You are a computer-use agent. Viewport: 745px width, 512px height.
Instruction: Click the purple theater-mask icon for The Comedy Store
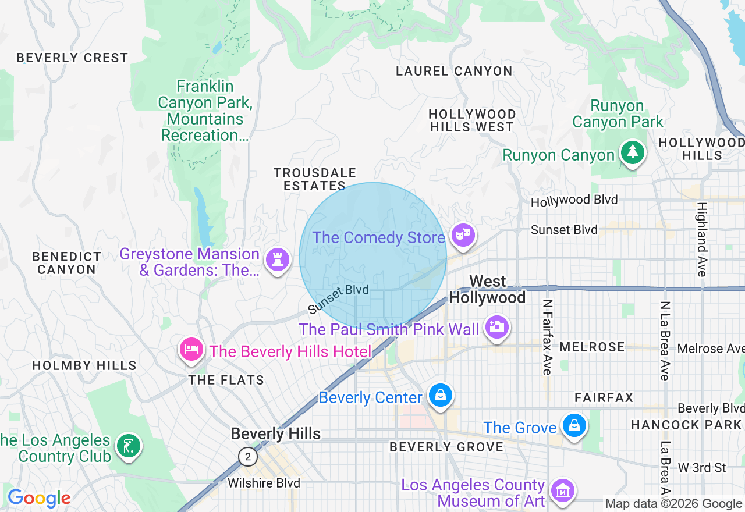(x=463, y=235)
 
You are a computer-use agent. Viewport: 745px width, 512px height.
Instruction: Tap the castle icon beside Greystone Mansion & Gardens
(x=278, y=259)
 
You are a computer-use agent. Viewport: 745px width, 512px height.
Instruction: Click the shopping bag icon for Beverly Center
(x=441, y=396)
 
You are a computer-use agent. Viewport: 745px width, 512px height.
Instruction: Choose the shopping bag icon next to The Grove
(x=574, y=425)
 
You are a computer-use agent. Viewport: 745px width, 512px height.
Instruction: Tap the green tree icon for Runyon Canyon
(x=632, y=152)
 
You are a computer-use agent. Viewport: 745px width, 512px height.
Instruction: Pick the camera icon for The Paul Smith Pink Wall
(x=496, y=327)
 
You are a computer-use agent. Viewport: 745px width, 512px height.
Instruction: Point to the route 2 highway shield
(x=248, y=457)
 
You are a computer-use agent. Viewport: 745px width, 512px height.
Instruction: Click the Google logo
(x=39, y=498)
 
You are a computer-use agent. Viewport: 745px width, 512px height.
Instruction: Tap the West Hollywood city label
(x=488, y=290)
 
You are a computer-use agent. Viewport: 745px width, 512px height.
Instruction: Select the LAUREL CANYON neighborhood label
(x=454, y=72)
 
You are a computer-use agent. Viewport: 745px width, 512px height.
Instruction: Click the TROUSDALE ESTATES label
(x=315, y=179)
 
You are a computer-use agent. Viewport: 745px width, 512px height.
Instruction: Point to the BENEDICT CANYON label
(x=67, y=263)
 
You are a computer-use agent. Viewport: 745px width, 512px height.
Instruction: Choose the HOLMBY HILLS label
(x=84, y=365)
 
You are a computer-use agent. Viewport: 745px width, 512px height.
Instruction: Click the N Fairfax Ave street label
(x=547, y=337)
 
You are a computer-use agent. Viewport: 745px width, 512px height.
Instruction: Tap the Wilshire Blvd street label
(x=264, y=483)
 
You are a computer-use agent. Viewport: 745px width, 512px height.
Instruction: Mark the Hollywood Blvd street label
(x=574, y=201)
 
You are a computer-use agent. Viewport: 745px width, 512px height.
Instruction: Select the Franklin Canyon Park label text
(x=205, y=111)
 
